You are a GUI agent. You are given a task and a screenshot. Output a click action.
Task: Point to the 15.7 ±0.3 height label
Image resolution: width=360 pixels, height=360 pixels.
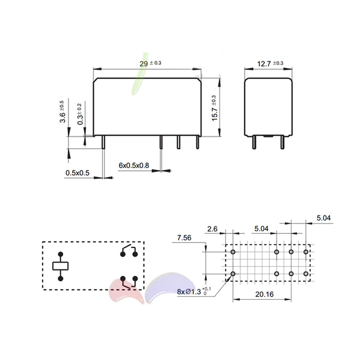(x=214, y=108)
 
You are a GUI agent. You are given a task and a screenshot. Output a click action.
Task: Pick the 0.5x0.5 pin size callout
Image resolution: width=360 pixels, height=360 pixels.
(x=77, y=173)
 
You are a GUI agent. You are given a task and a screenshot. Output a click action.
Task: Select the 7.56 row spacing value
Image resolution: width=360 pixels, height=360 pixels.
(x=184, y=238)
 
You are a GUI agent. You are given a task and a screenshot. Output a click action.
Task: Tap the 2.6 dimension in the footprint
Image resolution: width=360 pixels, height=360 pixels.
(x=213, y=229)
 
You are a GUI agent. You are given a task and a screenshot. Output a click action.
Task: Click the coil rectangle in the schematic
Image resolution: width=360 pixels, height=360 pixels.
(x=61, y=266)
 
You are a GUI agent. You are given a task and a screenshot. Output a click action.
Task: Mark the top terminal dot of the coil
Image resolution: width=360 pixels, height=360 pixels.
(x=61, y=254)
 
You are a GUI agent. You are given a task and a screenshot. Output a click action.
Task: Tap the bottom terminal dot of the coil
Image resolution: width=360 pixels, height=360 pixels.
(x=61, y=278)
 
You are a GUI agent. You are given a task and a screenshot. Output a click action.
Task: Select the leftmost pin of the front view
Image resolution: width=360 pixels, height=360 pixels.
(x=104, y=141)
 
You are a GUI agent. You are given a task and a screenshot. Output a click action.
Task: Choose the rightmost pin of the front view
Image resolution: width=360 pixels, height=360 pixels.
(x=197, y=141)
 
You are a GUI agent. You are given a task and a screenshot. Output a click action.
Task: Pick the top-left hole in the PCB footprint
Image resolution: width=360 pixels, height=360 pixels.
(x=233, y=252)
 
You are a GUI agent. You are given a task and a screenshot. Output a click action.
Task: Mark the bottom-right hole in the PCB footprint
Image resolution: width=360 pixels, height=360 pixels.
(x=306, y=274)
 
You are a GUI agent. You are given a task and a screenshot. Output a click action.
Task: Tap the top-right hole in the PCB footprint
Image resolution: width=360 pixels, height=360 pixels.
(x=306, y=252)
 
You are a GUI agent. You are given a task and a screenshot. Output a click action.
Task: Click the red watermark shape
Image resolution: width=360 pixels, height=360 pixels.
(x=125, y=292)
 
